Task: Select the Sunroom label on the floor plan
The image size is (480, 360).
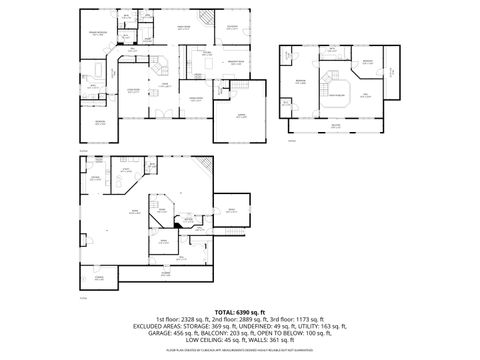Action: coord(232,26)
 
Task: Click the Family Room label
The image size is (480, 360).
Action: coord(184,28)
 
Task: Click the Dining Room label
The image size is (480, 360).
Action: coord(197,98)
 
